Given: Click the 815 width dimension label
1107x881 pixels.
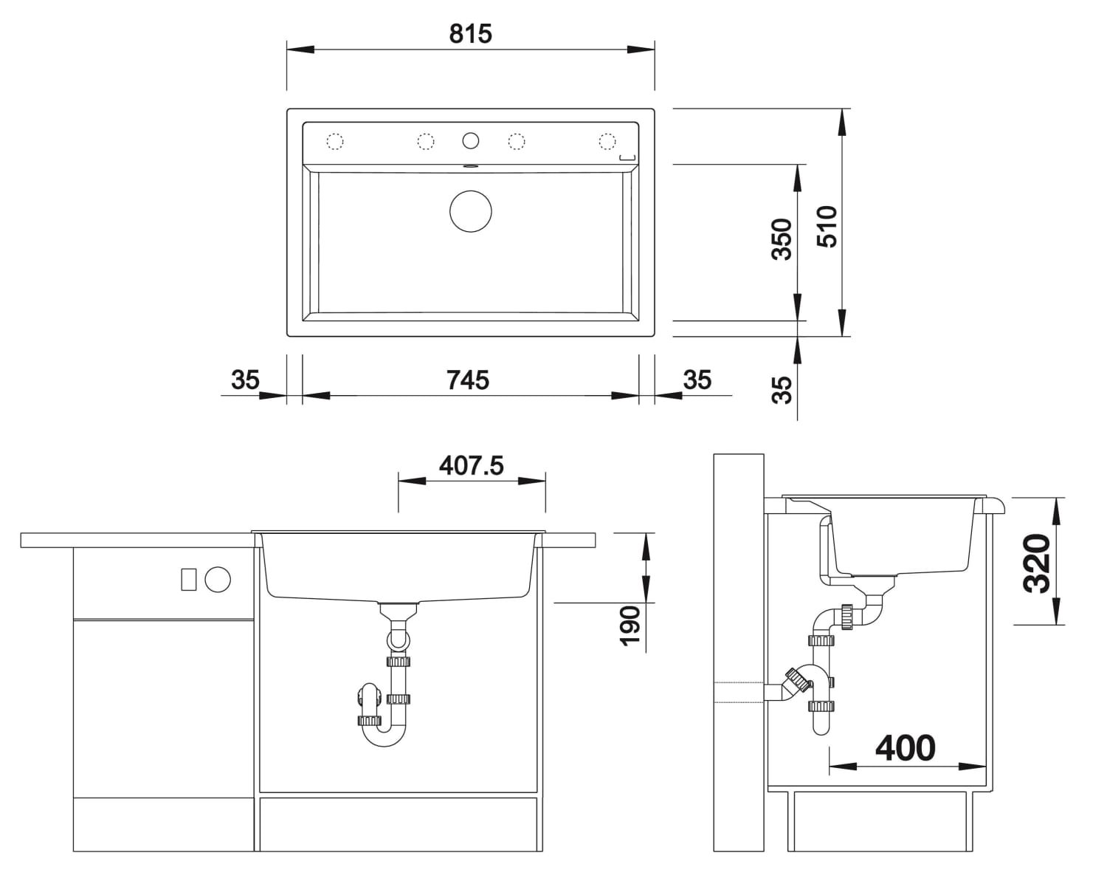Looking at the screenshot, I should click(470, 34).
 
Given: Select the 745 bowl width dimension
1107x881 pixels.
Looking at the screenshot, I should click(468, 380).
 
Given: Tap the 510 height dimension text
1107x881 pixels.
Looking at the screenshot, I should click(827, 226).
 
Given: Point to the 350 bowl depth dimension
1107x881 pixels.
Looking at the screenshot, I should click(781, 239).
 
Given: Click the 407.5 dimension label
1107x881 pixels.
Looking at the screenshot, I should click(471, 465).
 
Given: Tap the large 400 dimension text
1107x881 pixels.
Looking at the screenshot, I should click(905, 748).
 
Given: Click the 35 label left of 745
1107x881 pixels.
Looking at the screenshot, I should click(245, 380).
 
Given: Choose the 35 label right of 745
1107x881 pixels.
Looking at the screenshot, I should click(697, 380).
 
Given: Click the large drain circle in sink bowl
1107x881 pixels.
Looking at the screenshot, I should click(470, 212).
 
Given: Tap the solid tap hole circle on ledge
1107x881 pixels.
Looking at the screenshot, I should click(470, 140).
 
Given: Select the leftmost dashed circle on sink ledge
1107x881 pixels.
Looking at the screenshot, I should click(335, 141).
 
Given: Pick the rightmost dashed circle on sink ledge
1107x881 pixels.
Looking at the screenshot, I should click(607, 141).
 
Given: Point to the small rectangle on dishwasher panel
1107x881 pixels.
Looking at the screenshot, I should click(189, 580).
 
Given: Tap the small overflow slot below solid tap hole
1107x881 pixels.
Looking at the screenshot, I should click(470, 166).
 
